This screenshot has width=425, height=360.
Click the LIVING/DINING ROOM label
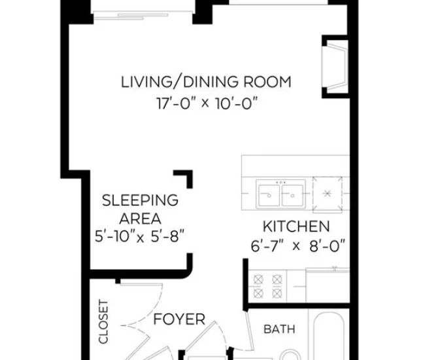click(206, 82)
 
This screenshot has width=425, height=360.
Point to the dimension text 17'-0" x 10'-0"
click(205, 103)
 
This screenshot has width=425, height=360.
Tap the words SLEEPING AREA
click(140, 209)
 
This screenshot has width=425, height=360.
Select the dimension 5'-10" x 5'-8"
click(140, 236)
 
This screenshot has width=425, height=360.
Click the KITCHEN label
click(296, 227)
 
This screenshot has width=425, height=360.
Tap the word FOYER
click(179, 320)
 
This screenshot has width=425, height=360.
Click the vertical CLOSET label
click(103, 322)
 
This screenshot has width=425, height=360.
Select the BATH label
click(279, 329)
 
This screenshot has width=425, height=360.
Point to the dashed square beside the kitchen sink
click(329, 194)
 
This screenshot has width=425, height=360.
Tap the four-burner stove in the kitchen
click(268, 285)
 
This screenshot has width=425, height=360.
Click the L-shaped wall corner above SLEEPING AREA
click(185, 178)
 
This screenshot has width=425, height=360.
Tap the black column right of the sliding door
click(201, 12)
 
